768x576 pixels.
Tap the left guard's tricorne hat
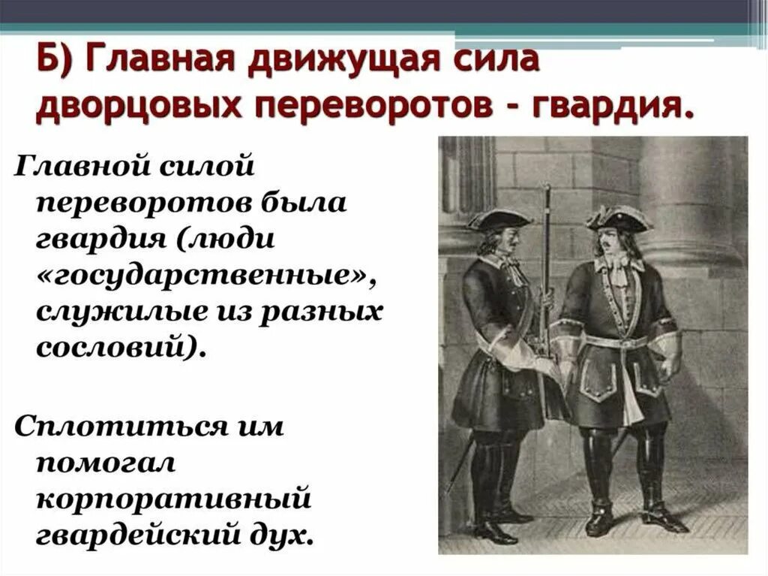tap(498, 219)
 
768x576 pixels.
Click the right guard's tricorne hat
tap(619, 218)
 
